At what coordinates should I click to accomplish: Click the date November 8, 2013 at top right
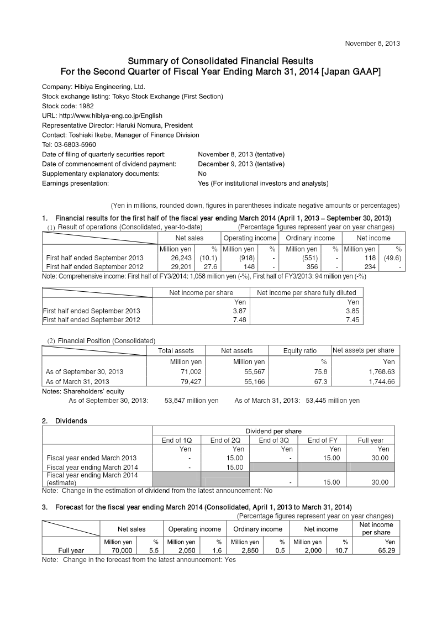pyautogui.click(x=372, y=43)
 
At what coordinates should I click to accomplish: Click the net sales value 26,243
pyautogui.click(x=182, y=258)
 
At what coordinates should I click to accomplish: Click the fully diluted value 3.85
pyautogui.click(x=351, y=311)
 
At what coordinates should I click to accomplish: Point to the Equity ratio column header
pyautogui.click(x=299, y=350)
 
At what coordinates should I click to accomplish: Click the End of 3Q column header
pyautogui.click(x=273, y=440)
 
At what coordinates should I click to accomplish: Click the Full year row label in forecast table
pyautogui.click(x=71, y=550)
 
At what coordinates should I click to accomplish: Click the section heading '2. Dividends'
pyautogui.click(x=65, y=421)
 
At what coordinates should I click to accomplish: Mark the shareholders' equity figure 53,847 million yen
pyautogui.click(x=191, y=401)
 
